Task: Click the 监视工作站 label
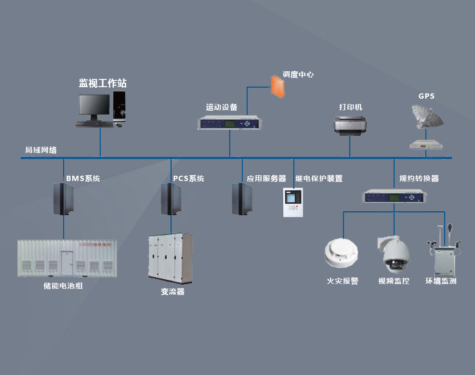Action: pos(103,83)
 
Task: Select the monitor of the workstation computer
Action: pos(93,106)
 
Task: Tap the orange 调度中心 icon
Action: pos(277,86)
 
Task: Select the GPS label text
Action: pos(426,96)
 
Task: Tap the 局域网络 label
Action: pos(41,150)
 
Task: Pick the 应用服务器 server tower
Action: pos(242,199)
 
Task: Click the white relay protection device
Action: pos(293,202)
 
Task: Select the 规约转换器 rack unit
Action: pos(395,197)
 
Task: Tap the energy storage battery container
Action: pos(67,258)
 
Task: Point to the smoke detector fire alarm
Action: pos(343,254)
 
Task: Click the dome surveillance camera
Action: pos(396,255)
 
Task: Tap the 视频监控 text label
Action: pos(394,281)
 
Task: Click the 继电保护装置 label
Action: pos(319,179)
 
